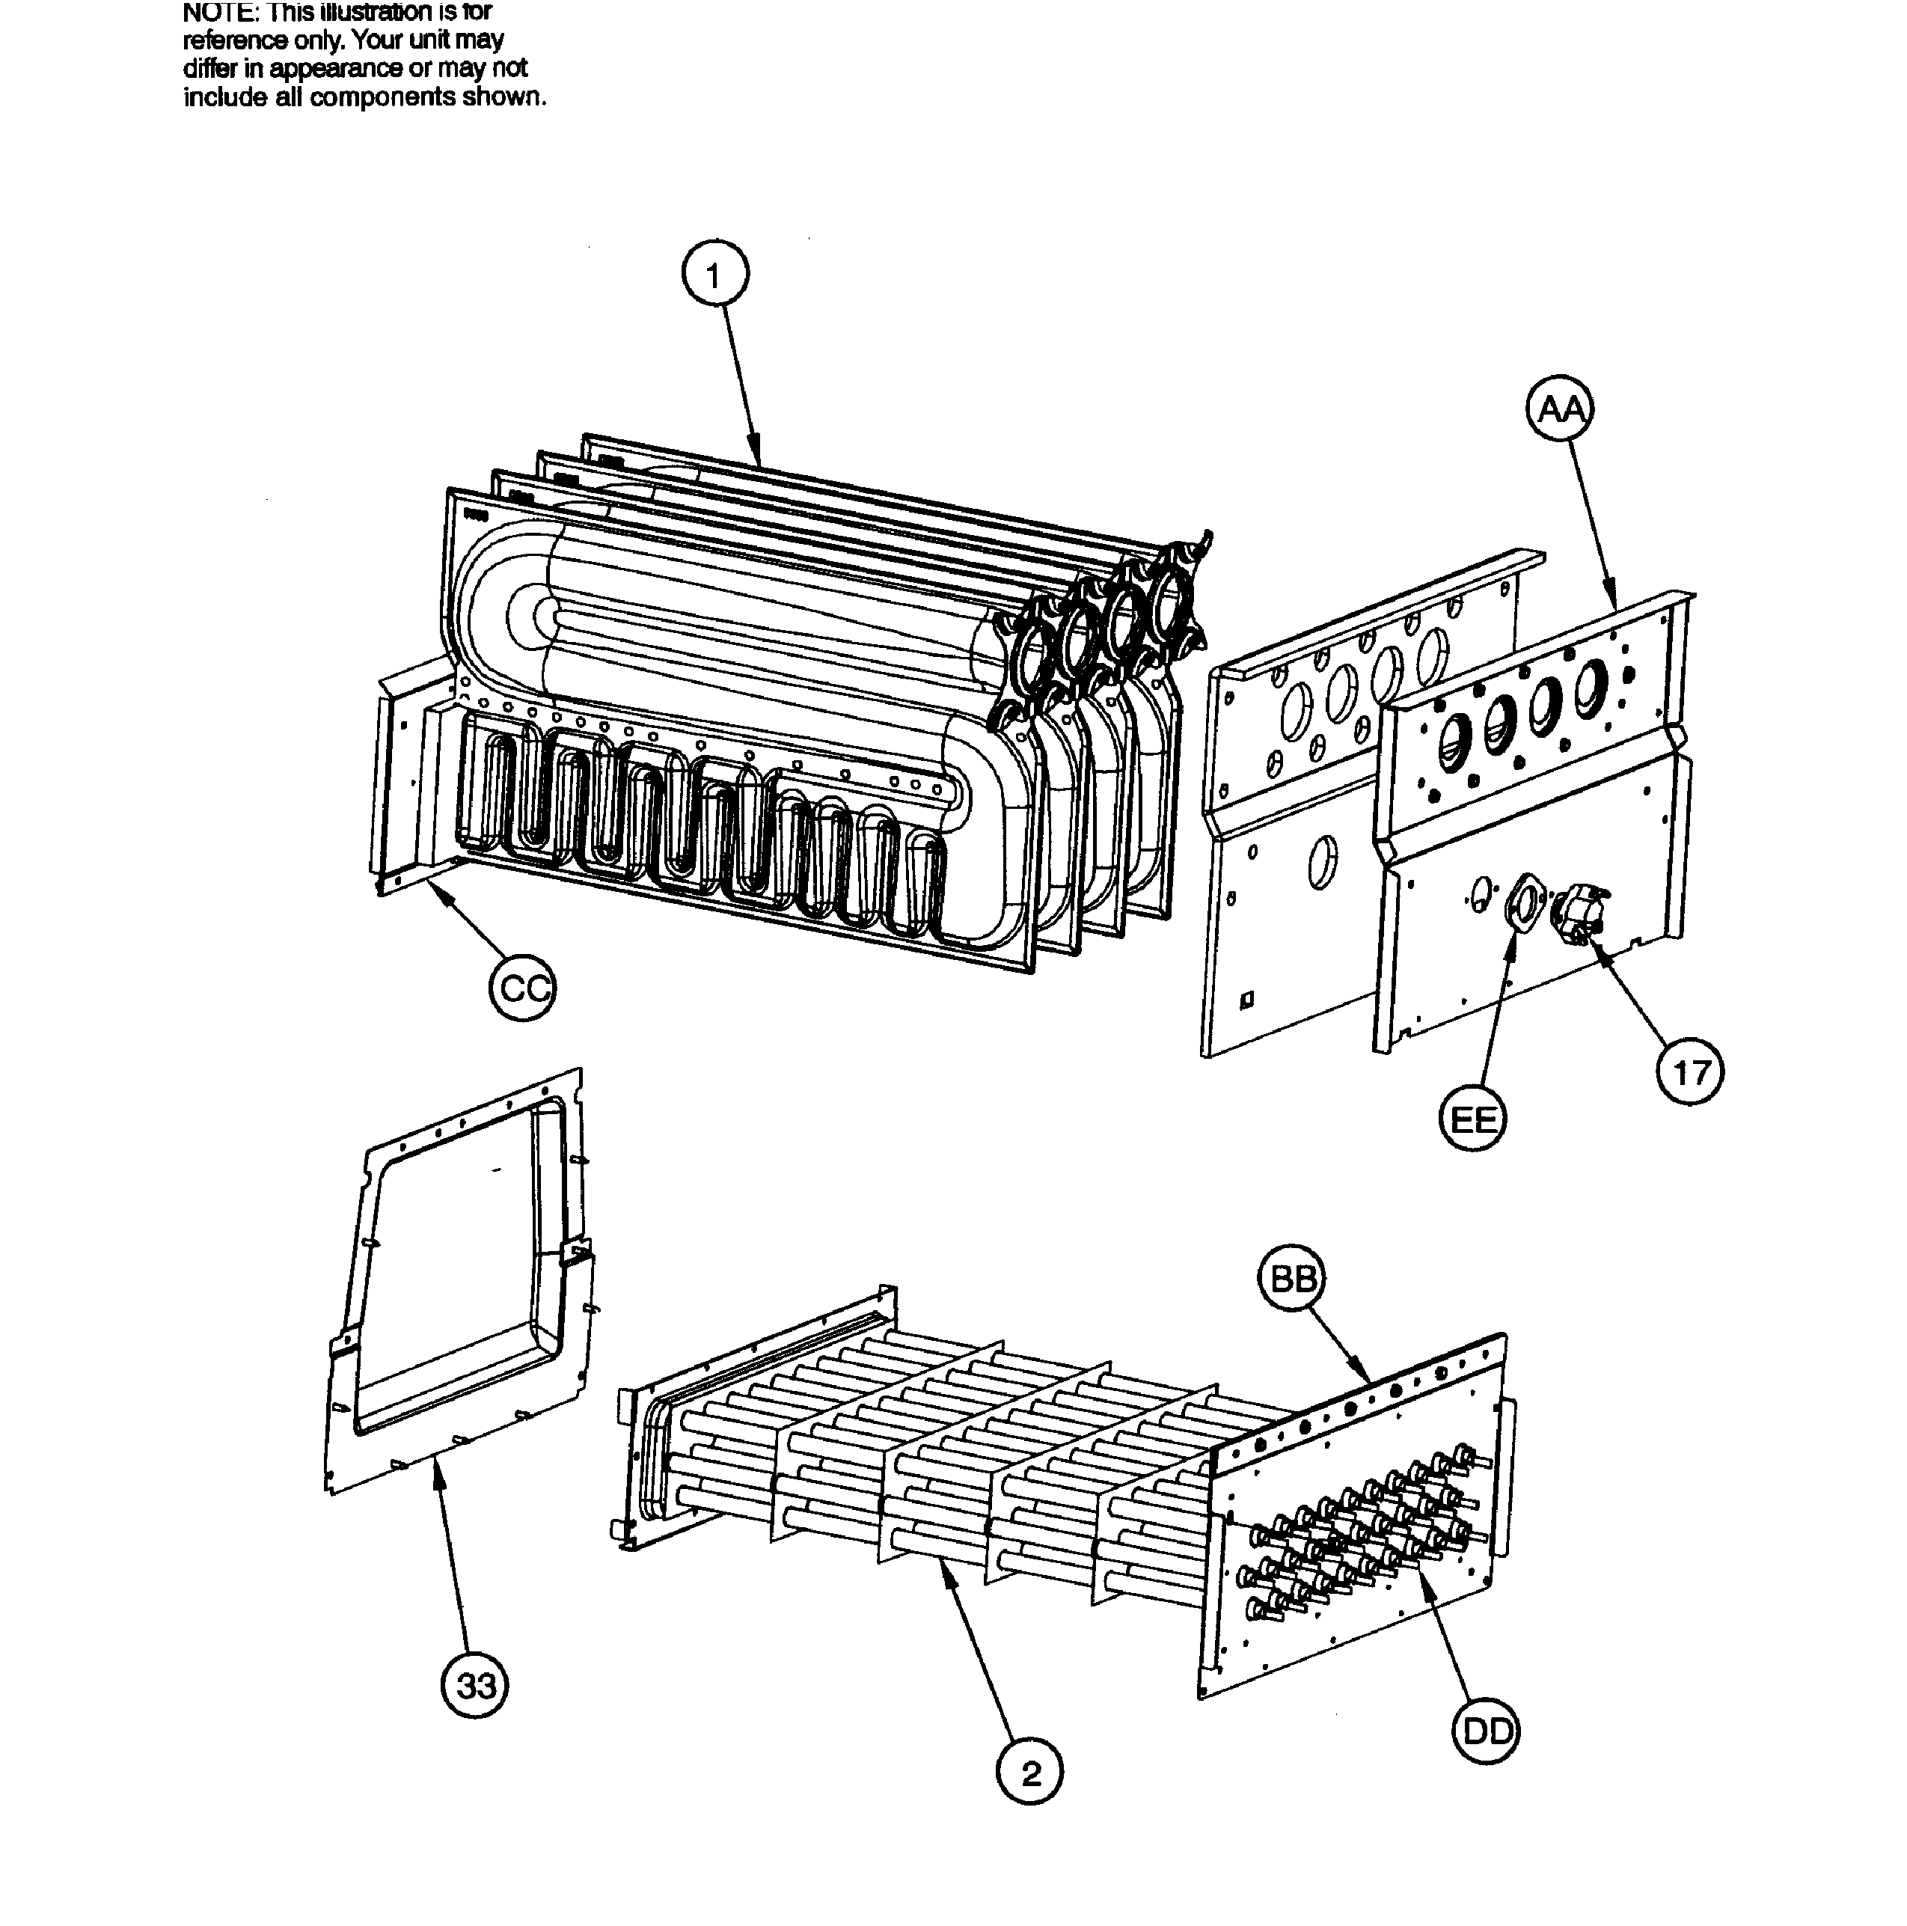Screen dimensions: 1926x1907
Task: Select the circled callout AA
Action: coord(1560,409)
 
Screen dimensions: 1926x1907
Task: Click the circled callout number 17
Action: coord(1691,1074)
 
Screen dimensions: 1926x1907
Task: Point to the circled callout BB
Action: coord(1292,1278)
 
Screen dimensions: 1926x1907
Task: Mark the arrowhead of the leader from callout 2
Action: coord(945,1566)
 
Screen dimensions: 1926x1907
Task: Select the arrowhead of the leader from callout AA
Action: coord(1613,604)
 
